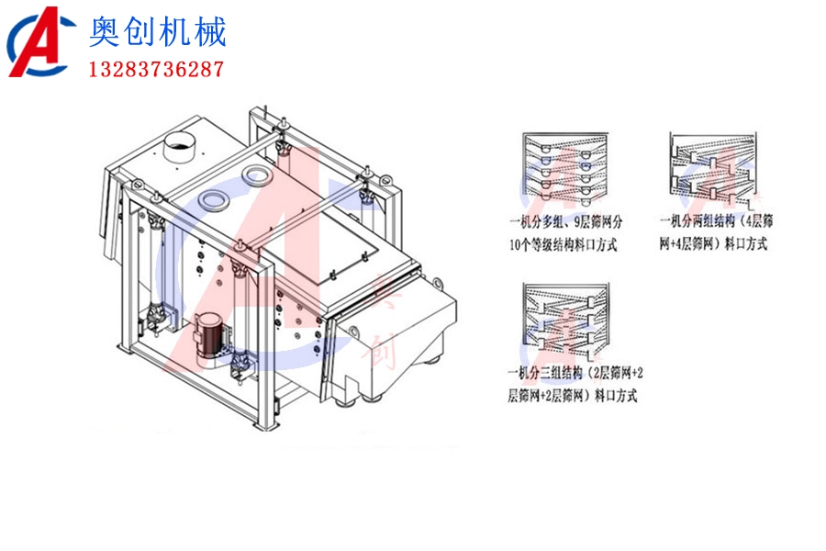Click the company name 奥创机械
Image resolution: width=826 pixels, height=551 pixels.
click(157, 34)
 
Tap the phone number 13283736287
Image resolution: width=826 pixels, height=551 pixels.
click(155, 70)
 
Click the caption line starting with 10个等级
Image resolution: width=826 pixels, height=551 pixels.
click(562, 244)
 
